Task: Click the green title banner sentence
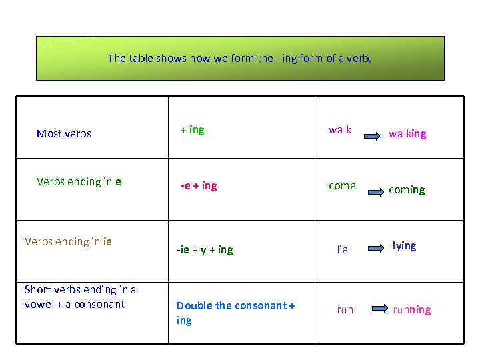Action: pos(239,59)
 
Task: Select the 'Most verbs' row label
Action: pos(64,134)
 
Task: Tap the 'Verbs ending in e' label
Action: pos(79,181)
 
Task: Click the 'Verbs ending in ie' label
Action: pos(68,241)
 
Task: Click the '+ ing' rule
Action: pos(193,130)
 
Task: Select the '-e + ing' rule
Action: pos(199,185)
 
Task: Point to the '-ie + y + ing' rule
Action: pos(205,250)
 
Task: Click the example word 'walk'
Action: pos(340,130)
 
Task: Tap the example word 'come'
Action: pos(342,186)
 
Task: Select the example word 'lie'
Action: pos(342,250)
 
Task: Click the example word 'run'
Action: pos(345,310)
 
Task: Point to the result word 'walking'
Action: pos(407,134)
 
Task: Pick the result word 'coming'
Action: pos(407,190)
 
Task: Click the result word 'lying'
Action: pos(404,246)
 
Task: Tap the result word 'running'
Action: pos(411,310)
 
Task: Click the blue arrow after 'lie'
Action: pos(374,248)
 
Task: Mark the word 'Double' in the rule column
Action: pos(193,306)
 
